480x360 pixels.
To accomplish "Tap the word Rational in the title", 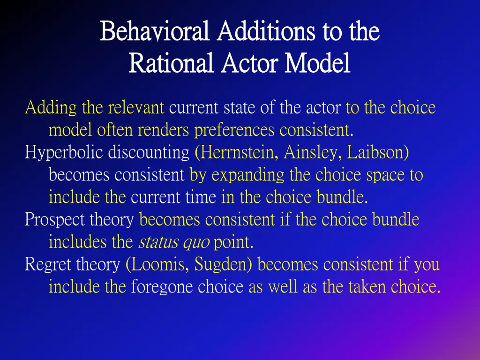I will (x=171, y=63).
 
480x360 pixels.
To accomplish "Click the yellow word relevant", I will (x=136, y=108).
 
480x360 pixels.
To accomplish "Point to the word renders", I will (x=164, y=130).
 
